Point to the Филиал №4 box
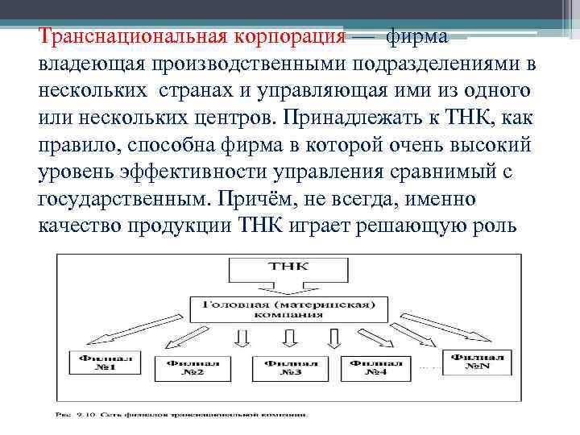click(x=371, y=367)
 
